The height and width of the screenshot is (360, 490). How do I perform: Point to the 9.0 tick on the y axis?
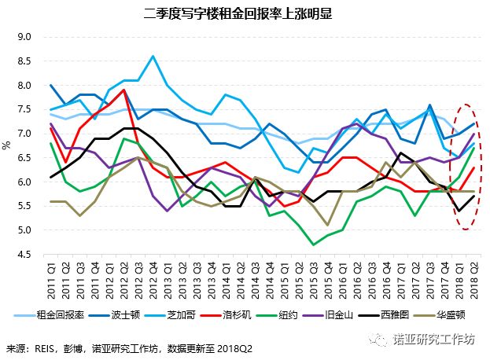click(x=24, y=37)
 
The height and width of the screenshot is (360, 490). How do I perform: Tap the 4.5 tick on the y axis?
click(x=24, y=255)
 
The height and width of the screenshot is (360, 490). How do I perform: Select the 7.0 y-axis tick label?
click(x=24, y=134)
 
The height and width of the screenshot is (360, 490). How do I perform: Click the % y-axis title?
click(x=7, y=145)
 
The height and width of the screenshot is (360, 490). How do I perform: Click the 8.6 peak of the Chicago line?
click(x=153, y=56)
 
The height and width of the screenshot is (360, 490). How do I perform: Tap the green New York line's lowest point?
click(x=314, y=245)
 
